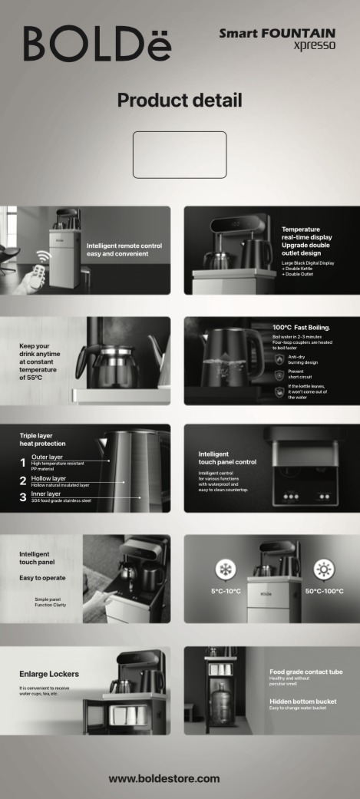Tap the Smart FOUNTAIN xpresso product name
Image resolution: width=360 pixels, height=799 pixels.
point(277,39)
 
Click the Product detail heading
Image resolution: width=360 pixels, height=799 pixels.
point(180,100)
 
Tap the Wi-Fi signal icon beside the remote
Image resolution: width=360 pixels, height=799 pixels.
point(44,256)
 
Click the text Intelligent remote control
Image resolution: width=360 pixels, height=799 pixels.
point(124,246)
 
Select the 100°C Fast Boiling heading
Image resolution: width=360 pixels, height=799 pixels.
point(302,328)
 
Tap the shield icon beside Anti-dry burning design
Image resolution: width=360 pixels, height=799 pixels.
point(279,359)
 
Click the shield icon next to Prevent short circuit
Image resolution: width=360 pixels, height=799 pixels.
point(279,375)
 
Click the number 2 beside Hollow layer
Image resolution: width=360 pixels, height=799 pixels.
point(23,480)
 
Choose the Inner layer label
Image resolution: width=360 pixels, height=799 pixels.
point(46,494)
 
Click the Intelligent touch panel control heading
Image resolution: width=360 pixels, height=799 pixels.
point(227,458)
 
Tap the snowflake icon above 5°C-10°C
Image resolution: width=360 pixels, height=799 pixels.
point(226,570)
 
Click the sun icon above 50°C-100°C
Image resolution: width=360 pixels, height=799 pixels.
point(324,570)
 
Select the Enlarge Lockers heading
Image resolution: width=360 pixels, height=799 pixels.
point(49,674)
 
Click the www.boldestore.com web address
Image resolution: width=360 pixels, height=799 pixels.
point(164,778)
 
